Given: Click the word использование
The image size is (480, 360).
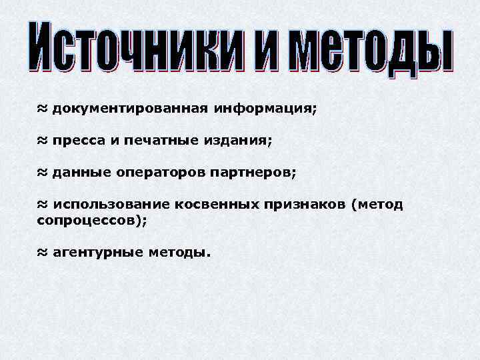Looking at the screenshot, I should tap(110, 205).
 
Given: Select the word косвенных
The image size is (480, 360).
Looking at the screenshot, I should tap(217, 205).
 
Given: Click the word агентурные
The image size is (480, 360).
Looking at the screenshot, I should tap(95, 253).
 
